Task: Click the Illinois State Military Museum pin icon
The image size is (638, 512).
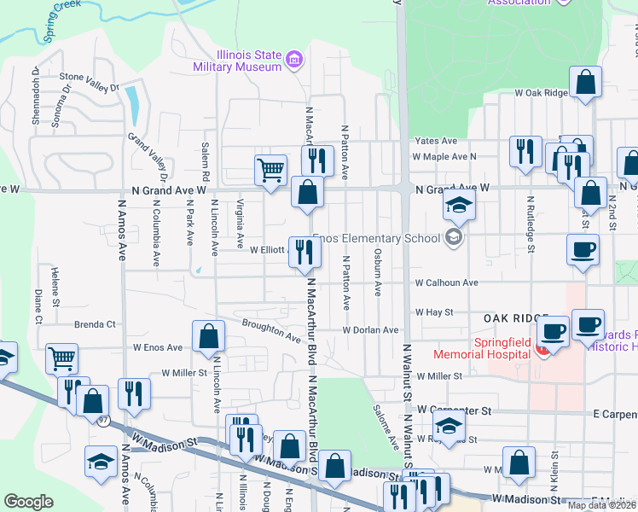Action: coord(294,59)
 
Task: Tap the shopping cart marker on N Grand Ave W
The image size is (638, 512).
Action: coord(271,169)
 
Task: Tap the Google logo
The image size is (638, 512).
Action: coord(28,502)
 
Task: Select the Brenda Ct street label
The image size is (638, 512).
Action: coord(95,324)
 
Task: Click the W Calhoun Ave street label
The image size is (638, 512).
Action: coord(446,282)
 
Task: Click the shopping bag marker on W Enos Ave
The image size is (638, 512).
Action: coord(208,337)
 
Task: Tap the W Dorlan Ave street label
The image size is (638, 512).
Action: coord(371,329)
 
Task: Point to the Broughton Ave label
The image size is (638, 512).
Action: coord(270,330)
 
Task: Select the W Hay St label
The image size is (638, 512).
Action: coord(432,312)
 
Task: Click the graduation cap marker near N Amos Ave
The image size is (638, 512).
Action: coord(101,463)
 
